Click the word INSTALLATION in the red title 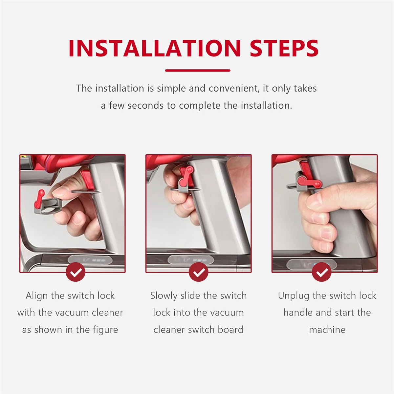coord(155,48)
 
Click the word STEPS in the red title coord(284,48)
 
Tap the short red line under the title coord(197,70)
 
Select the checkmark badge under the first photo coord(76,272)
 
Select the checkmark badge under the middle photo coord(199,272)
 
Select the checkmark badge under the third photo coord(322,272)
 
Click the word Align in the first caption coord(36,295)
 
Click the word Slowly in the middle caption coord(163,295)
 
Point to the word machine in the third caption coord(327,330)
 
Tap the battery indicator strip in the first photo coord(90,260)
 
